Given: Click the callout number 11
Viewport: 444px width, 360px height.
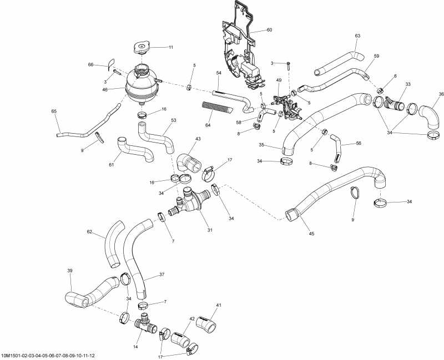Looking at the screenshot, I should pyautogui.click(x=171, y=47).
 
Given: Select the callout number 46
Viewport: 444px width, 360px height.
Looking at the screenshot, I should pyautogui.click(x=121, y=88).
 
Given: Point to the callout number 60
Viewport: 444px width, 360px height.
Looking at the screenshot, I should pyautogui.click(x=269, y=29).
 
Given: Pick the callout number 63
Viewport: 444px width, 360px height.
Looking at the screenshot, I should pyautogui.click(x=357, y=36).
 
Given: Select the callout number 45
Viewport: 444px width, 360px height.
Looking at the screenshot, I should pyautogui.click(x=311, y=234).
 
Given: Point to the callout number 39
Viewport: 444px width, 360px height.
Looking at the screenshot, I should pyautogui.click(x=70, y=271).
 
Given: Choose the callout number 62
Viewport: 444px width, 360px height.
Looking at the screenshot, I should pyautogui.click(x=90, y=232).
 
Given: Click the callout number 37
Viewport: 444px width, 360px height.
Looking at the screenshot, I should pyautogui.click(x=162, y=274).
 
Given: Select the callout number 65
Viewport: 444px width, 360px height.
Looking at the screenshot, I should pyautogui.click(x=54, y=111).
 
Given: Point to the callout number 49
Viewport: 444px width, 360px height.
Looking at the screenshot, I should pyautogui.click(x=279, y=80).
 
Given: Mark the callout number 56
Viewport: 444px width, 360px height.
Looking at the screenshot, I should pyautogui.click(x=359, y=143).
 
